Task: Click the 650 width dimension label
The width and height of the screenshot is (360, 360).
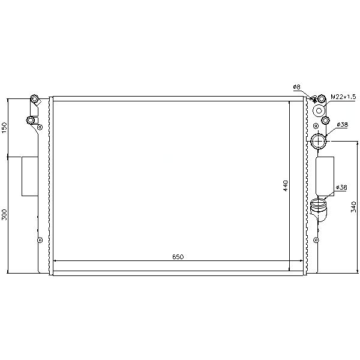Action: [x=178, y=257]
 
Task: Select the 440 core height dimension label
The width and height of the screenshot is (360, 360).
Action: [x=286, y=186]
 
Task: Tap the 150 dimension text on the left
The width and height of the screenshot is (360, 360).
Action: [x=4, y=128]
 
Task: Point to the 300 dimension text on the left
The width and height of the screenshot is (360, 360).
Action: [x=4, y=214]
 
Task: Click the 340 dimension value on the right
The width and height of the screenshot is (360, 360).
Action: [x=353, y=206]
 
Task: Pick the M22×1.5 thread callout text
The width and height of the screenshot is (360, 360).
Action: [x=343, y=97]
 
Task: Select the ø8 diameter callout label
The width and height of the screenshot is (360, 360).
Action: [x=296, y=87]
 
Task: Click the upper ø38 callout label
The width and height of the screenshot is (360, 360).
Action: [x=343, y=124]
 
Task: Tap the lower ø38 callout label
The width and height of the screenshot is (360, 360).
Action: [x=341, y=187]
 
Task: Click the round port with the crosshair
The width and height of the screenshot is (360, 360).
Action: [x=319, y=141]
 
